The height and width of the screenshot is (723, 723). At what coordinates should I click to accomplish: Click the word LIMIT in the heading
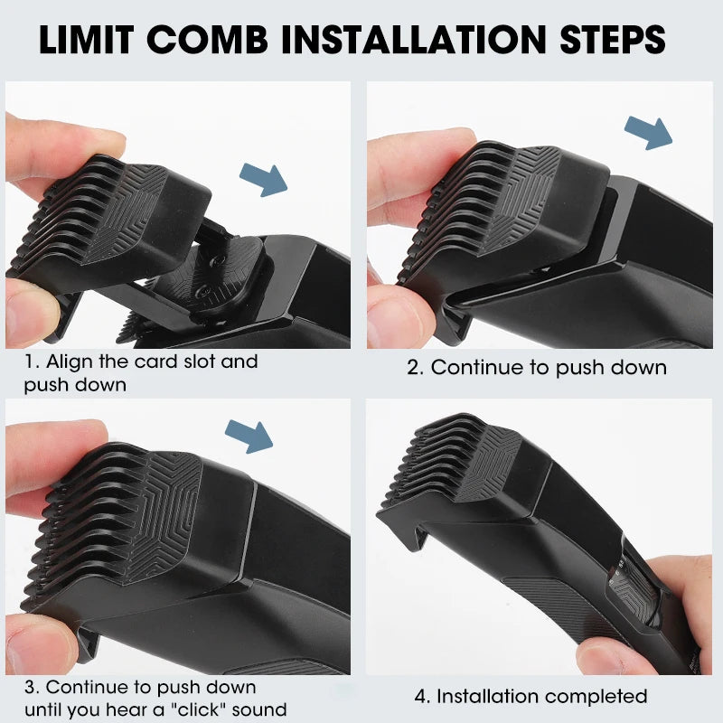87,40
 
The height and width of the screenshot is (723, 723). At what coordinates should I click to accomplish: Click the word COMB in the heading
208,40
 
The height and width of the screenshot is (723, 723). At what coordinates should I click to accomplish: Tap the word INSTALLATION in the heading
414,40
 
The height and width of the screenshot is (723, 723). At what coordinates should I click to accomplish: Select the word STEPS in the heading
613,40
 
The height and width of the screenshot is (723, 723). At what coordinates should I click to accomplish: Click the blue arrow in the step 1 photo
264,180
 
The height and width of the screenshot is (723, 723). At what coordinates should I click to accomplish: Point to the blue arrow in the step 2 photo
649,133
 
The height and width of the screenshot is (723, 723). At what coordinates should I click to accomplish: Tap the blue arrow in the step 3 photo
249,437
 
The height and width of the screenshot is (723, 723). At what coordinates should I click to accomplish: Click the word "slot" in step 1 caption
199,361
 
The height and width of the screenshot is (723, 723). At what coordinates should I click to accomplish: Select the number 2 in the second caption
413,368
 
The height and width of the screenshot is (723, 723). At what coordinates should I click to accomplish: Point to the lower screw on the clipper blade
203,289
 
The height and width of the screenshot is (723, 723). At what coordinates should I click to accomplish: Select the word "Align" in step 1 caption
70,362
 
